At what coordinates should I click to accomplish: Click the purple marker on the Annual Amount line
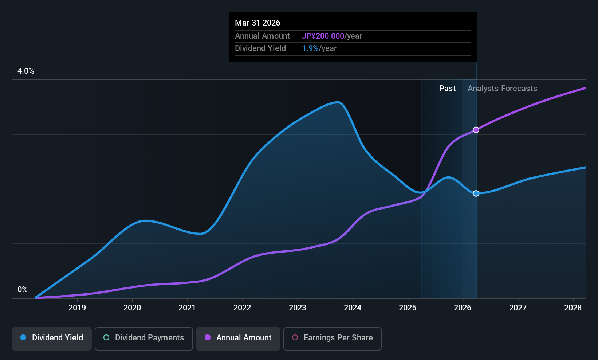(476, 130)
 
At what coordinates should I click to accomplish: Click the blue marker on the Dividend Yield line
(476, 193)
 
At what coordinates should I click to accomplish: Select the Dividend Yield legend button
(51, 339)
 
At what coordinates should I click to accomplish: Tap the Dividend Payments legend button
(143, 339)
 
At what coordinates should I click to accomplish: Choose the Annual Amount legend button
(238, 339)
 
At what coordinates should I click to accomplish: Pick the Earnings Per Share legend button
(333, 339)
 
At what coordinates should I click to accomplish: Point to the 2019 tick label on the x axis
(77, 308)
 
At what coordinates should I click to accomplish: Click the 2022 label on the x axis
(243, 308)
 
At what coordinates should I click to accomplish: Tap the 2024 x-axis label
(353, 308)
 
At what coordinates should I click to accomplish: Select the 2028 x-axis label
(573, 308)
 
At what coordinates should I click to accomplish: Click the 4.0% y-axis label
(26, 71)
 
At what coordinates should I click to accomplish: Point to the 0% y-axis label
(23, 290)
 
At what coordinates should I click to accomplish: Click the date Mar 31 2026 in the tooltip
(257, 23)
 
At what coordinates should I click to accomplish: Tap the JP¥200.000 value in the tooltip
(323, 36)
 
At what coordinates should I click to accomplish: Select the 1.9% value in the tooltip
(310, 48)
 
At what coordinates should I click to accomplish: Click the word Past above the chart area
(448, 89)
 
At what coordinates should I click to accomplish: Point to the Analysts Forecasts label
(503, 89)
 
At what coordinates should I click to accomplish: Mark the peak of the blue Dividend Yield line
(338, 102)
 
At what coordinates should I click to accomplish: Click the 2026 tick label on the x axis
(463, 308)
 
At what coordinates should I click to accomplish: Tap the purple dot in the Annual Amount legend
(208, 337)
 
